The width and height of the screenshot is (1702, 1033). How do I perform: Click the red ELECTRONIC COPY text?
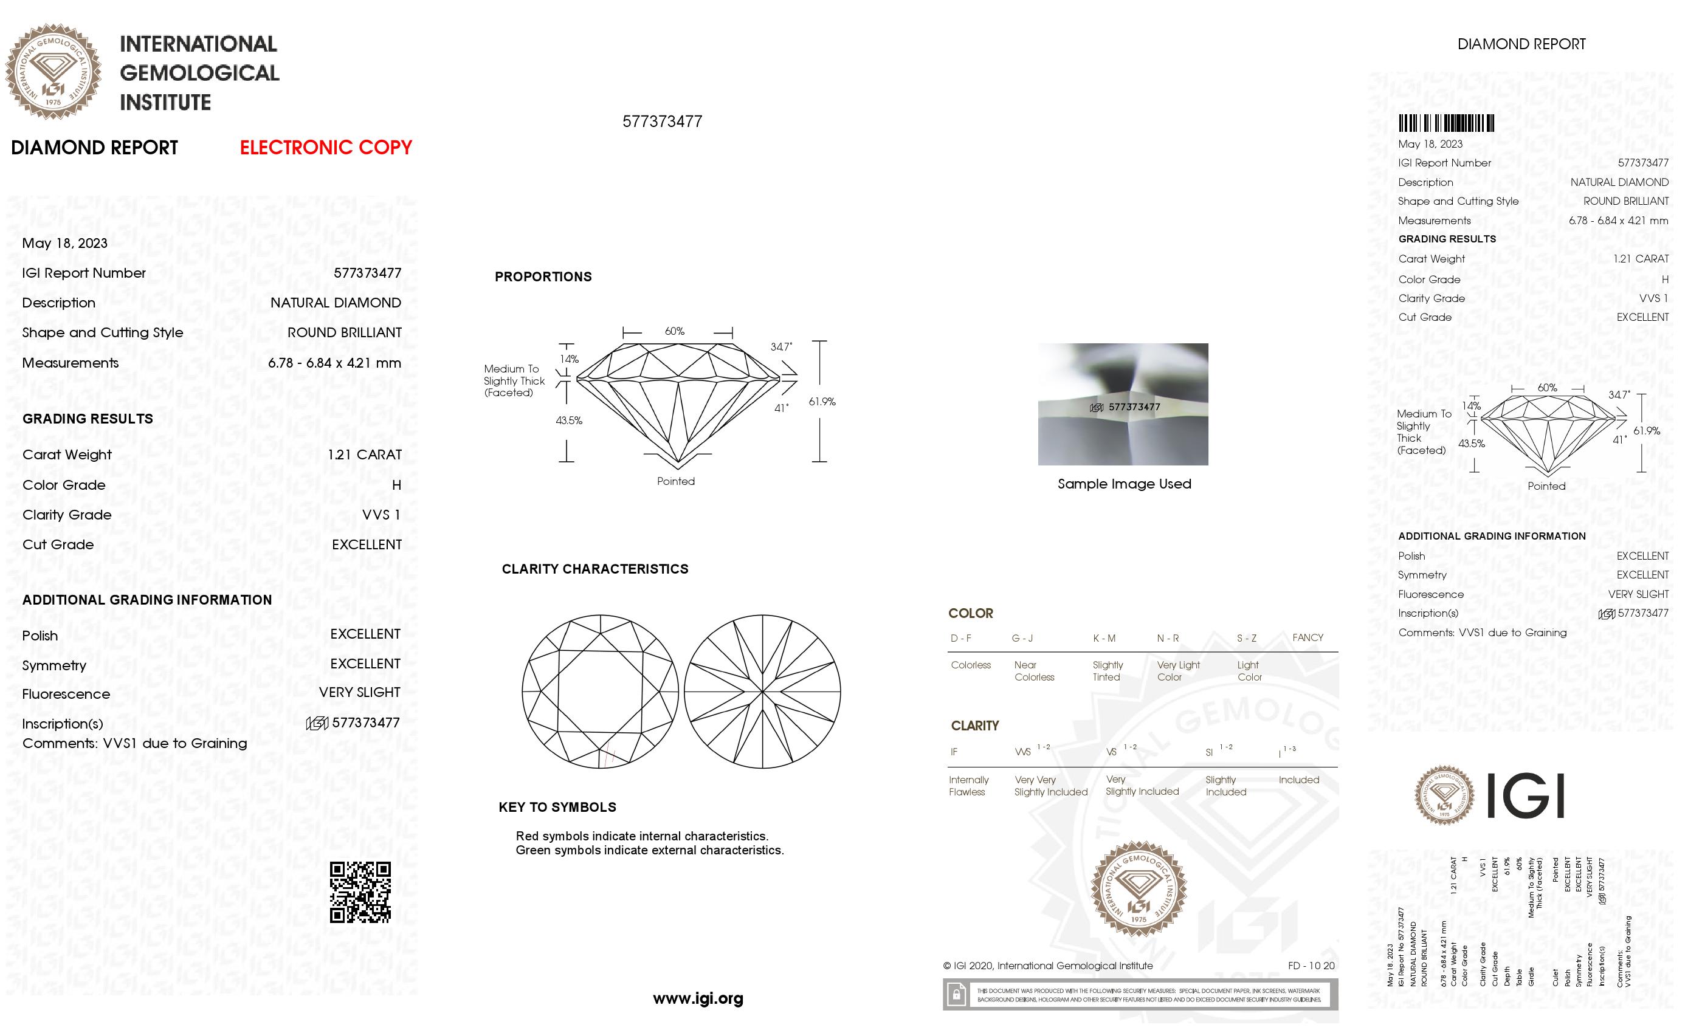(x=325, y=147)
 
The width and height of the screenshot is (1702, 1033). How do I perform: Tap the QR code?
(x=360, y=891)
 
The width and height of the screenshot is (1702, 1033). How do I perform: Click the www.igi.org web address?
(x=698, y=998)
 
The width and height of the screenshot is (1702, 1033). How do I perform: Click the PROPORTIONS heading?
(x=543, y=277)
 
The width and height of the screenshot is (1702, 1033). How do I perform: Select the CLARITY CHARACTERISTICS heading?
(x=594, y=569)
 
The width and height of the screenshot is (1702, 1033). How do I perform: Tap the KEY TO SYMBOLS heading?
(x=557, y=807)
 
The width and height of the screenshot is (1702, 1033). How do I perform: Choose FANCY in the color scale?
(x=1307, y=637)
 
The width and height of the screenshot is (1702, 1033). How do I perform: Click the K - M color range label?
(x=1104, y=638)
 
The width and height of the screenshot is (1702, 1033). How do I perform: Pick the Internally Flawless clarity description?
(x=968, y=786)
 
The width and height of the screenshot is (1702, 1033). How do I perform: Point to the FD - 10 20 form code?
(x=1311, y=966)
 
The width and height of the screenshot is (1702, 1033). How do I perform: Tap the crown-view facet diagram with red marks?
(x=599, y=692)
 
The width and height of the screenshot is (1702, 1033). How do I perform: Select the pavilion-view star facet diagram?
(x=762, y=692)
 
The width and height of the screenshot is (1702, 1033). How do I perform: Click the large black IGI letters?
(x=1525, y=796)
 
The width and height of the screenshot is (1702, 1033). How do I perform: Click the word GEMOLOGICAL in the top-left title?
(x=199, y=72)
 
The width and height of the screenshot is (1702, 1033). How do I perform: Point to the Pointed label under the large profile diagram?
(x=675, y=481)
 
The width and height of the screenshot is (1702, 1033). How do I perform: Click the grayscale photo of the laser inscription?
(x=1123, y=404)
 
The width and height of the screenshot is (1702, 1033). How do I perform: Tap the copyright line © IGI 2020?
(x=1047, y=966)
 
